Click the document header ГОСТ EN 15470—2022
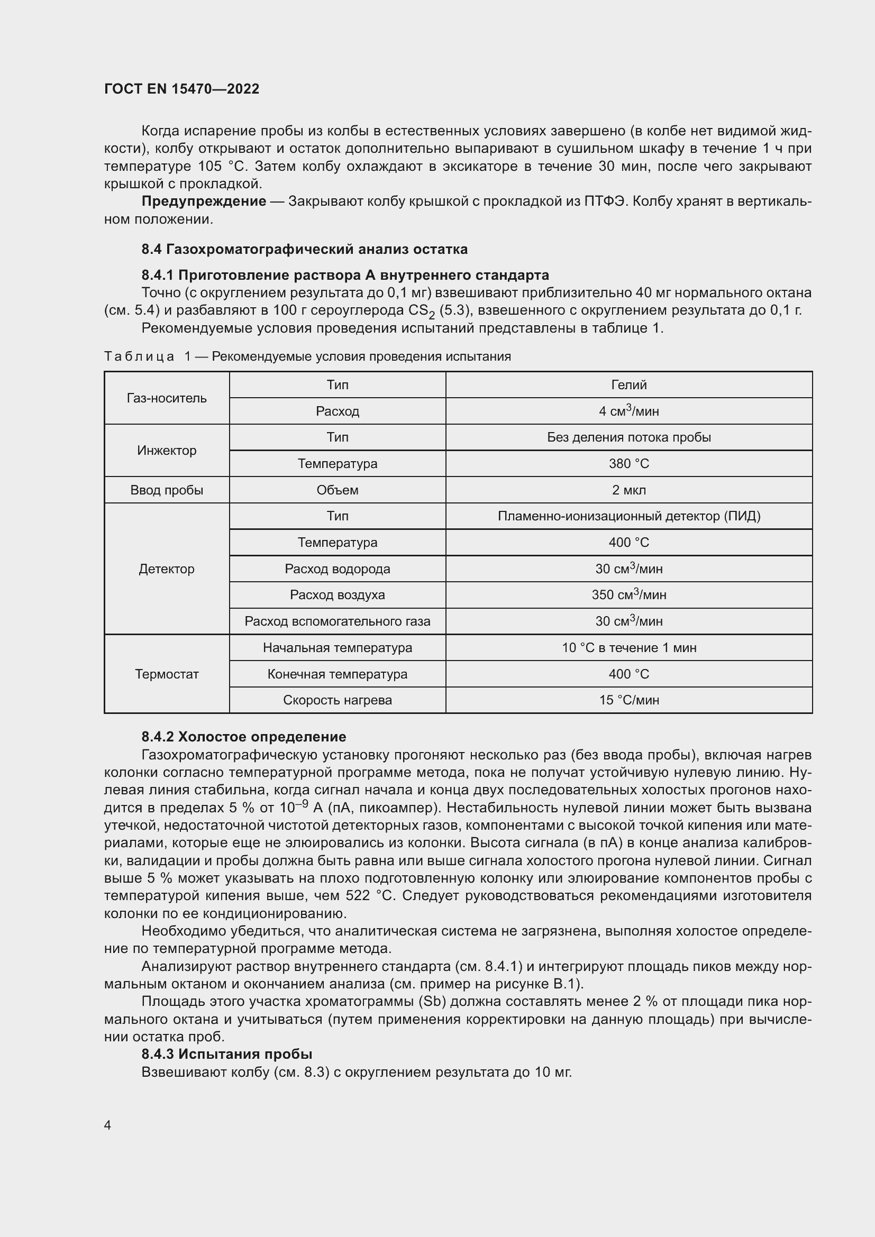[x=181, y=89]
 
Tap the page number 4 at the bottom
[x=107, y=1125]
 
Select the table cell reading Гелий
[x=629, y=384]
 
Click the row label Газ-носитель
[x=167, y=398]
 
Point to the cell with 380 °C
[x=629, y=463]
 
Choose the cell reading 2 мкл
[x=629, y=490]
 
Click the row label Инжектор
[x=167, y=451]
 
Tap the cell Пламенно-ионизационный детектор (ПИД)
[x=629, y=516]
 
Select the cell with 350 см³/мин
[x=629, y=595]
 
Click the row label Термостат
[x=167, y=674]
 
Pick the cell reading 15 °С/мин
[x=629, y=700]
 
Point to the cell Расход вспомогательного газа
[x=338, y=621]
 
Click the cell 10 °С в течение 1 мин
[x=629, y=648]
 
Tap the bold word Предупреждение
[x=204, y=201]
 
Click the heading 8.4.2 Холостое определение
[x=243, y=737]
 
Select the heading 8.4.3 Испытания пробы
[x=227, y=1055]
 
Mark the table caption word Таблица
[x=139, y=356]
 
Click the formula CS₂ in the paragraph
[x=422, y=311]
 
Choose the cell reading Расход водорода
[x=338, y=569]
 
